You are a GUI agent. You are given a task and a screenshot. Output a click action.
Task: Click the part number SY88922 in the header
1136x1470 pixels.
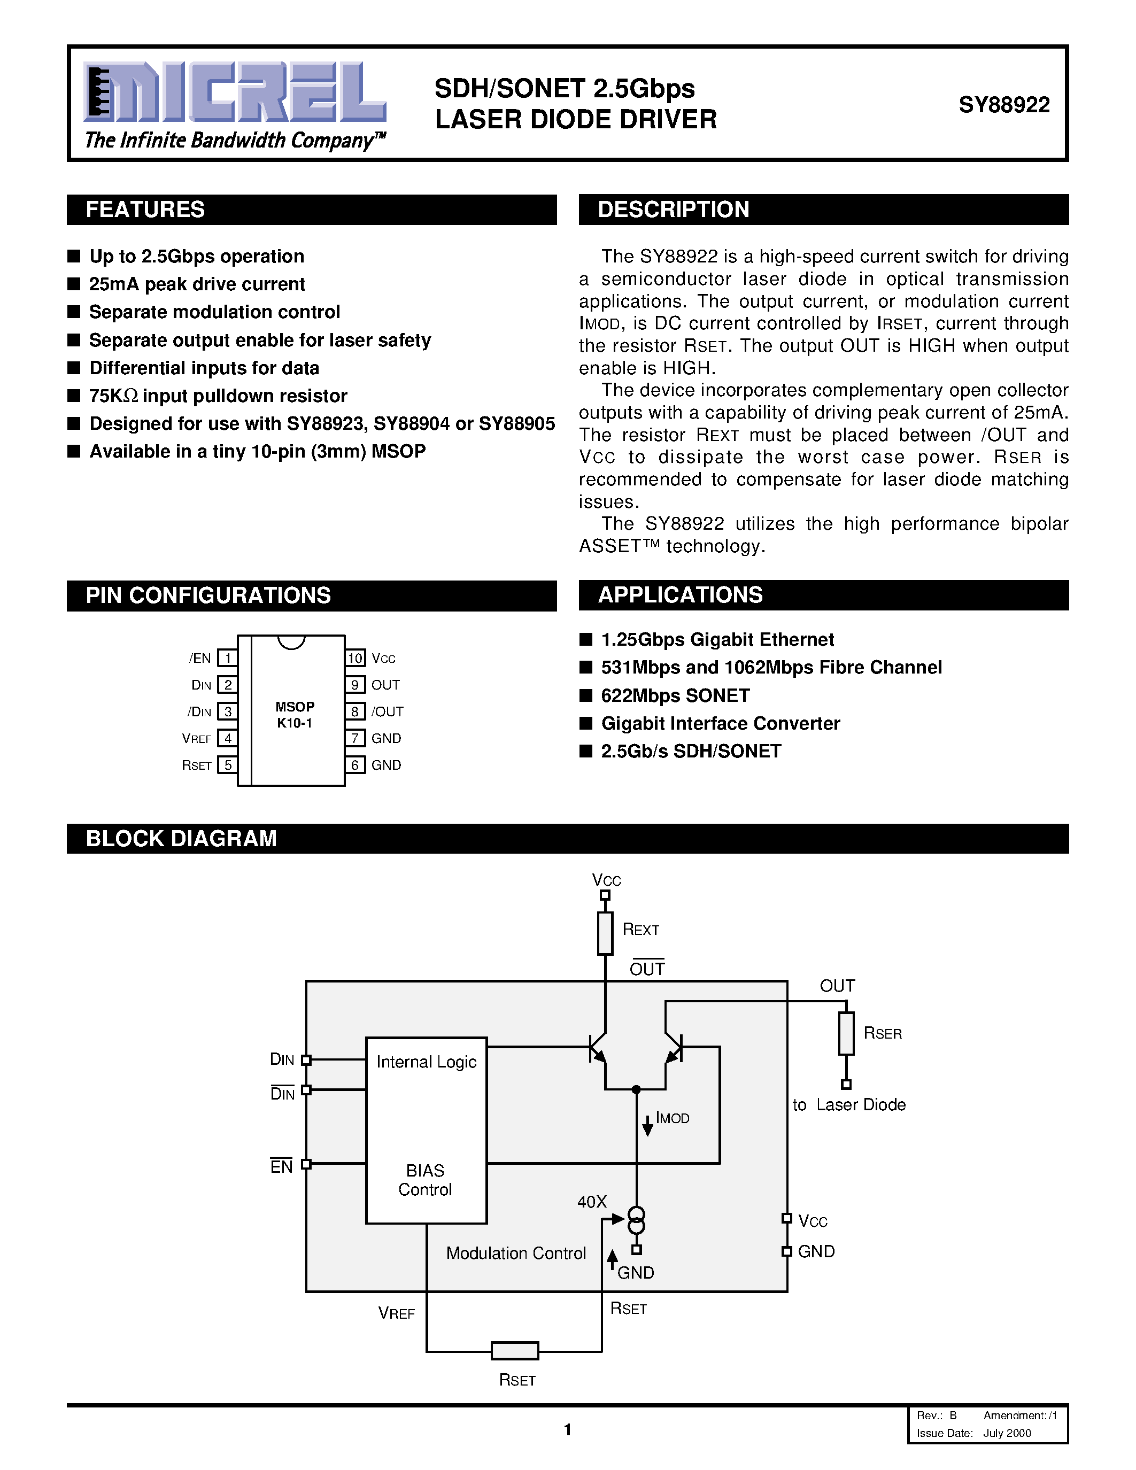pos(1003,105)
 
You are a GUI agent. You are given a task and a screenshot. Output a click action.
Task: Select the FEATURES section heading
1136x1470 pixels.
pos(145,210)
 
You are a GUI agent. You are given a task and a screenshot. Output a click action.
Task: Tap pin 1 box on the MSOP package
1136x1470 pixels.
pos(228,657)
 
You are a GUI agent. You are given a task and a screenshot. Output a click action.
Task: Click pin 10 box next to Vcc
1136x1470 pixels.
pos(354,657)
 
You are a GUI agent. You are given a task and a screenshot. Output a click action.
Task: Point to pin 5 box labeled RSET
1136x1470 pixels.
pos(228,764)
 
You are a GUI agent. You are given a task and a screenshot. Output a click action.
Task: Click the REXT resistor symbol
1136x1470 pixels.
pos(605,933)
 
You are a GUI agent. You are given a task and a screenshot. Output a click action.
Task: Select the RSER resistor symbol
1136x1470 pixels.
pos(846,1033)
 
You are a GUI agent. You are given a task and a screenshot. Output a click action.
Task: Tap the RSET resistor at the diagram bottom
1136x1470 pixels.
pos(515,1350)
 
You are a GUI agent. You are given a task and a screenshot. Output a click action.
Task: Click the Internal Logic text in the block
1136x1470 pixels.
pos(426,1062)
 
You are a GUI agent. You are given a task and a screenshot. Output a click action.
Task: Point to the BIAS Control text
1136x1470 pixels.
pos(426,1180)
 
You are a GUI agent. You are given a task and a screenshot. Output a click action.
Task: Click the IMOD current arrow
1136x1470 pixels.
pos(647,1125)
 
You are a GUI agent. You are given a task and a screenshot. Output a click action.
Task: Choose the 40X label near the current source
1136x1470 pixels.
pos(592,1202)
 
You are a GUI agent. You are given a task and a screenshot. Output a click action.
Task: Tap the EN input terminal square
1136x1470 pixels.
pos(306,1164)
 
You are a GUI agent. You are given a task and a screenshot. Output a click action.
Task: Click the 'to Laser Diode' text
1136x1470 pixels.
pos(848,1104)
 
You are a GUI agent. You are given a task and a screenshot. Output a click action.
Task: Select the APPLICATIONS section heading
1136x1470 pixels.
pos(681,595)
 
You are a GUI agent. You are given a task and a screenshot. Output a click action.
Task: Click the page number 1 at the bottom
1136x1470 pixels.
pos(567,1429)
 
